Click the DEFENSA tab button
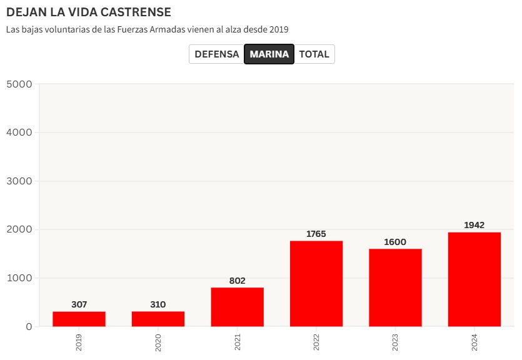tap(216, 54)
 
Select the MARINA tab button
tap(269, 54)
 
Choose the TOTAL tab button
tap(314, 54)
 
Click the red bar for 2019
tap(79, 319)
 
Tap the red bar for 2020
tap(158, 319)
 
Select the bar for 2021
tap(237, 307)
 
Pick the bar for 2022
tap(316, 284)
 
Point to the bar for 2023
tap(395, 287)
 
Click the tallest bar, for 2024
tap(474, 279)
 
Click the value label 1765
tap(316, 234)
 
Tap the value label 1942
tap(474, 225)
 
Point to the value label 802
tap(237, 281)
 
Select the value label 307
tap(79, 304)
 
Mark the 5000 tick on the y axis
tap(19, 84)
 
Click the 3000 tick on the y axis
tap(19, 181)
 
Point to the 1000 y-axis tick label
tap(19, 278)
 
